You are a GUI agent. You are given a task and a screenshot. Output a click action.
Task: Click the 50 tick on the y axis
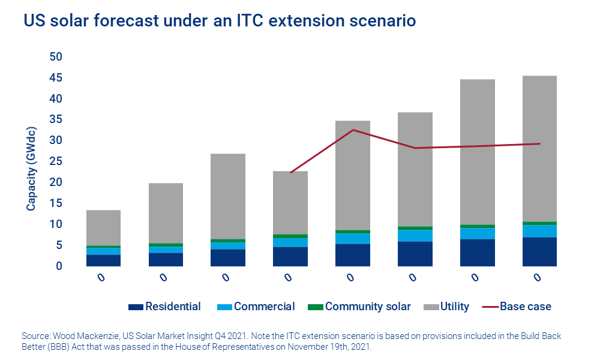(x=56, y=56)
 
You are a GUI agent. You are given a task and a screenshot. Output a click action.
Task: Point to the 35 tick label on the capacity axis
(x=56, y=119)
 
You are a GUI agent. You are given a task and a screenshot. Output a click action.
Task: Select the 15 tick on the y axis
(x=56, y=203)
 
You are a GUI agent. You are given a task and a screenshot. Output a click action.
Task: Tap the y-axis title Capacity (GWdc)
(x=30, y=169)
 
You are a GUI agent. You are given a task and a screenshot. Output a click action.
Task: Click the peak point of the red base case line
(x=353, y=130)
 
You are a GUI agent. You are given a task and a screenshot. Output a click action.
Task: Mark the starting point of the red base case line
(x=290, y=173)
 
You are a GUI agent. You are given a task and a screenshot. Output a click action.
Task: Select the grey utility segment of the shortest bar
(x=103, y=228)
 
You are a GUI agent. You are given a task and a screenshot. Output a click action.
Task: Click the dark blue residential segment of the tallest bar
(x=539, y=252)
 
